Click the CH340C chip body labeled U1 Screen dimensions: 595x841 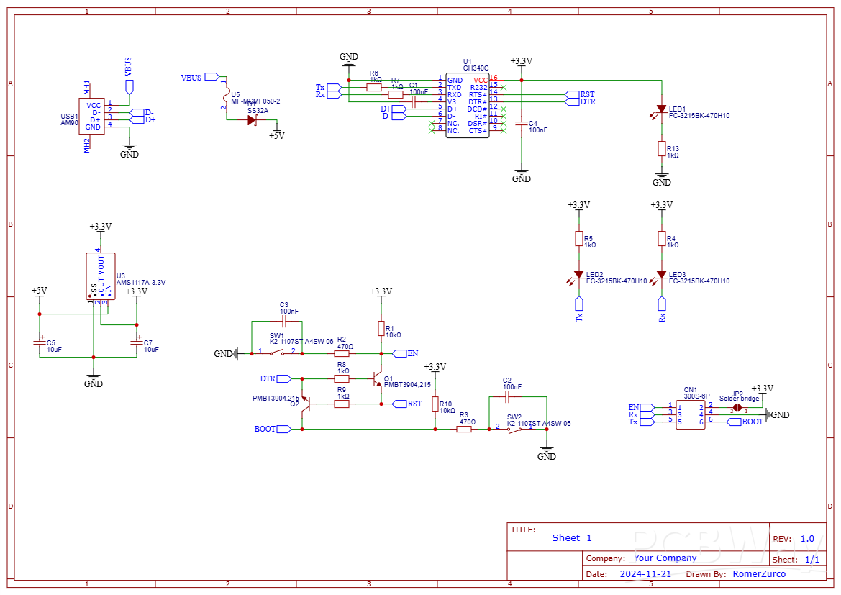pyautogui.click(x=467, y=105)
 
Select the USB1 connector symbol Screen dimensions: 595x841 pyautogui.click(x=93, y=116)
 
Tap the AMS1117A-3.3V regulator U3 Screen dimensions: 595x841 pyautogui.click(x=100, y=276)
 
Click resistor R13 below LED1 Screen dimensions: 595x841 pyautogui.click(x=661, y=149)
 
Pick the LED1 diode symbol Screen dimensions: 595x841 pyautogui.click(x=661, y=109)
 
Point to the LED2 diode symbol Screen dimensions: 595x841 pyautogui.click(x=578, y=275)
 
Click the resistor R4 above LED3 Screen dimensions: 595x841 pyautogui.click(x=661, y=239)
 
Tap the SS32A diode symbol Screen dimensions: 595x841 pyautogui.click(x=252, y=120)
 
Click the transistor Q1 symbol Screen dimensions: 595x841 pyautogui.click(x=377, y=378)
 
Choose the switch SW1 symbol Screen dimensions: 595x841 pyautogui.click(x=277, y=353)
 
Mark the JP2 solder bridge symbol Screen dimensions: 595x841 pyautogui.click(x=737, y=408)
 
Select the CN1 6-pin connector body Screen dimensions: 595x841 pyautogui.click(x=691, y=415)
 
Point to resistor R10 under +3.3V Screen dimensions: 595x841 pyautogui.click(x=435, y=404)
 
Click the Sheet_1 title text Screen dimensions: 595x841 pyautogui.click(x=571, y=538)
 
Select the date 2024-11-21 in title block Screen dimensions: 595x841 pyautogui.click(x=645, y=574)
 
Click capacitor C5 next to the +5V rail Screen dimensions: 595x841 pyautogui.click(x=40, y=343)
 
